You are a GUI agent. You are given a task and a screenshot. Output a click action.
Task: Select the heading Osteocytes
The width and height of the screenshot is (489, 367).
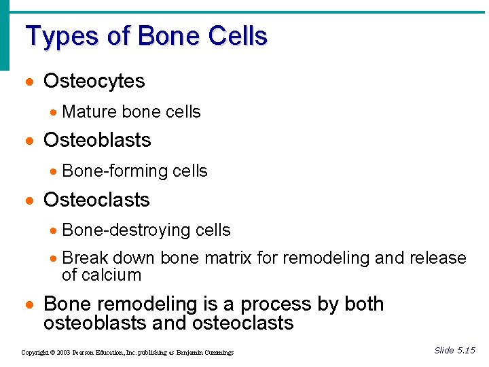pos(94,82)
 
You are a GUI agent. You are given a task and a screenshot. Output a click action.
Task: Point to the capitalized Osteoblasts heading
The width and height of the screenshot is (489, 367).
pos(96,141)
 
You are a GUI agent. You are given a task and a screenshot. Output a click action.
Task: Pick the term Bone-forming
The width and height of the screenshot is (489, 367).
pos(115,171)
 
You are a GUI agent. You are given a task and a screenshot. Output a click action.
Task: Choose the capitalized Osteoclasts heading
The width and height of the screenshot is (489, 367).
pos(96,200)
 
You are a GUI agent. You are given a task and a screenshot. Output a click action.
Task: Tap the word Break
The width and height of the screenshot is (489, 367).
pos(85,258)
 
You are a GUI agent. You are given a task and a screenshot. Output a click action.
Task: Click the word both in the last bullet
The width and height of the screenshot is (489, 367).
pos(363,304)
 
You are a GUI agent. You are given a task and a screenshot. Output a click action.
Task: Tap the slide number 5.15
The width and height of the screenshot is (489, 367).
pos(466,351)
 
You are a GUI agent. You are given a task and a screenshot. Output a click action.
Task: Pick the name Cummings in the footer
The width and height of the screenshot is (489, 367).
pos(217,353)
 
